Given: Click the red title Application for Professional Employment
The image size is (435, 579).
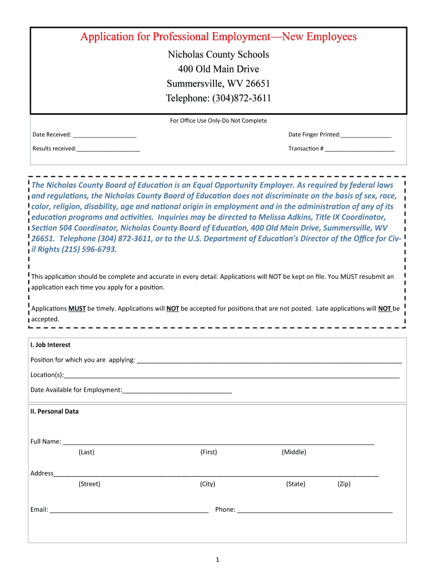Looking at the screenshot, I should pyautogui.click(x=218, y=37).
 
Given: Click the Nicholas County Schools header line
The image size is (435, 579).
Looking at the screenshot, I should pyautogui.click(x=218, y=55).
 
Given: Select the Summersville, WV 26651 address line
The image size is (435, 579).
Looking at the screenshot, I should pyautogui.click(x=218, y=84).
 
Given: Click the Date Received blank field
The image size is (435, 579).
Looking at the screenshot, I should pyautogui.click(x=105, y=135).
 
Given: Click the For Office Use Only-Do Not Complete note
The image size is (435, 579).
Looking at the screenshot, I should pyautogui.click(x=218, y=120).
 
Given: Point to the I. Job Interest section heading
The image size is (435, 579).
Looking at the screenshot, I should pyautogui.click(x=50, y=345).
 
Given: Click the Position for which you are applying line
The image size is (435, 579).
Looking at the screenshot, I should pyautogui.click(x=269, y=360).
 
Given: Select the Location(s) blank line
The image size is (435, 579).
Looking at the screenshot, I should pyautogui.click(x=232, y=375).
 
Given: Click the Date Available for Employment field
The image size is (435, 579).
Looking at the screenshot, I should pyautogui.click(x=177, y=390).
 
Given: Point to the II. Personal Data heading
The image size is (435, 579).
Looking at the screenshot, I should pyautogui.click(x=54, y=412).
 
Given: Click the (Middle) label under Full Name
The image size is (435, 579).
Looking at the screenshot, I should pyautogui.click(x=294, y=452).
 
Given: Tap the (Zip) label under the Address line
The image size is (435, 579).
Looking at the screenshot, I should pyautogui.click(x=344, y=484).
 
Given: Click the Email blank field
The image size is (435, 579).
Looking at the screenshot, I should pyautogui.click(x=129, y=510).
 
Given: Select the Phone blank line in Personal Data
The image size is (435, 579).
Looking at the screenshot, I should pyautogui.click(x=315, y=510).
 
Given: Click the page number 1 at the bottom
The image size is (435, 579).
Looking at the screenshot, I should pyautogui.click(x=217, y=560).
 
